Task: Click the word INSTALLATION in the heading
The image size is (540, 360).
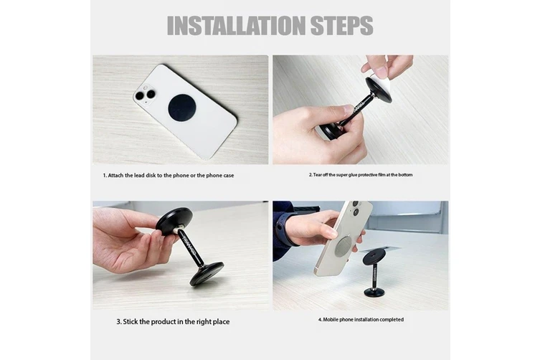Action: point(236,26)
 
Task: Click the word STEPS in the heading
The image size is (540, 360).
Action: point(342,26)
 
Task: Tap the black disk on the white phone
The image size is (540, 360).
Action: point(181,108)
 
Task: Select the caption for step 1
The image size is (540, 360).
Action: point(169,176)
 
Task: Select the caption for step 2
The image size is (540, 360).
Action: point(361,175)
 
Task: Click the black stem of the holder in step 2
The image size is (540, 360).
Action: point(352,113)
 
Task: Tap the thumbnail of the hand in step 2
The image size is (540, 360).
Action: point(348,110)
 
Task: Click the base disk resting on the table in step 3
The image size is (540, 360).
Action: point(207,273)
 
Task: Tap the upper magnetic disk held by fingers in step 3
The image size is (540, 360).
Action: point(174,221)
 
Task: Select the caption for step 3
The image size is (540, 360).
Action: point(173,322)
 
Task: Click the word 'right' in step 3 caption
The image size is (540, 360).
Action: point(204,322)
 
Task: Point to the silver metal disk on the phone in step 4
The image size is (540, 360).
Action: point(343,247)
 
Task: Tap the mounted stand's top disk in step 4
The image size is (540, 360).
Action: point(374,257)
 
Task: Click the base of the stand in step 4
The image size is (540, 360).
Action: point(374,293)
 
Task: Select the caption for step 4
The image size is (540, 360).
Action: point(361,320)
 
